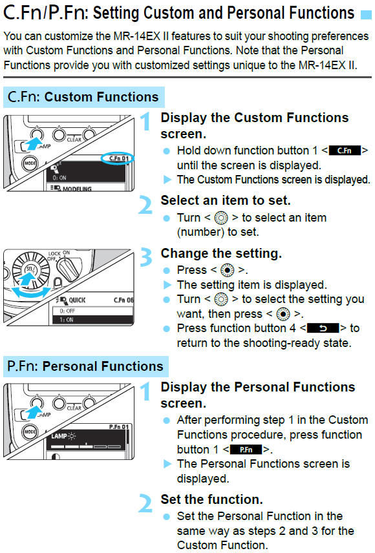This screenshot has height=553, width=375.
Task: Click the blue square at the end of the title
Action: click(x=367, y=14)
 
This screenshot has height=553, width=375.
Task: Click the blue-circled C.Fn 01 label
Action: click(x=117, y=157)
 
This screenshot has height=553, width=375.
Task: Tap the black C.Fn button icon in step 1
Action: click(x=344, y=151)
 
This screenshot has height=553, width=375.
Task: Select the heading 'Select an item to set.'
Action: click(x=225, y=200)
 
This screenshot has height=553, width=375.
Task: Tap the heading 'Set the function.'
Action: click(x=211, y=499)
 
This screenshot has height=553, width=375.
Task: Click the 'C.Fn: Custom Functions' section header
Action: click(x=83, y=97)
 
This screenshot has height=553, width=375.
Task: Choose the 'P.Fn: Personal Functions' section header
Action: click(x=85, y=366)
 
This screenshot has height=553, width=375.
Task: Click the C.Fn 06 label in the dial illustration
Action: click(x=123, y=300)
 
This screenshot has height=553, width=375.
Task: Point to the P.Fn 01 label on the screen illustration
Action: click(x=120, y=426)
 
